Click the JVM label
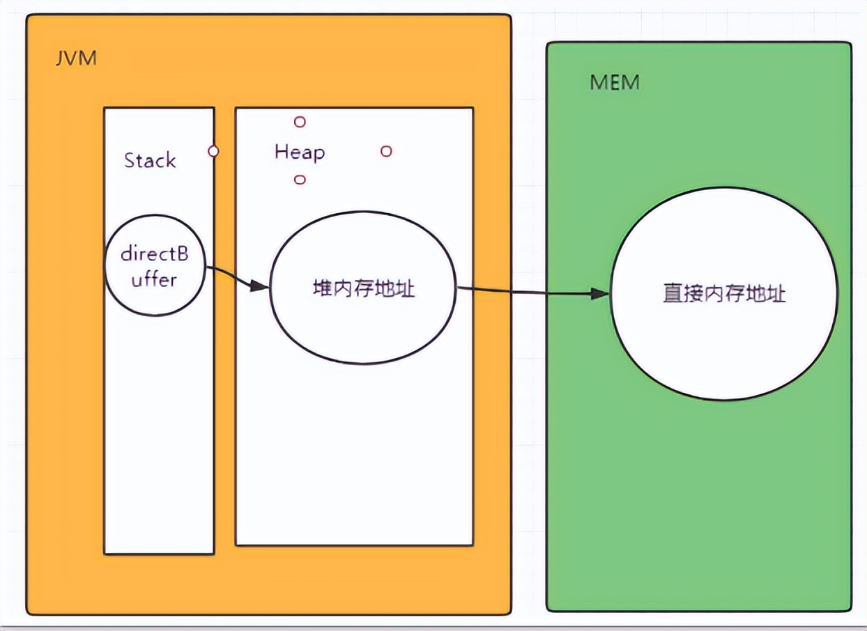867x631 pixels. click(75, 58)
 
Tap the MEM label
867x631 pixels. click(615, 83)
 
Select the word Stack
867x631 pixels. click(150, 161)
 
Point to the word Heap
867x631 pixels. click(300, 152)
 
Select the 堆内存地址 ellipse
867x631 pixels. click(363, 327)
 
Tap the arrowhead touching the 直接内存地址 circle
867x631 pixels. click(601, 294)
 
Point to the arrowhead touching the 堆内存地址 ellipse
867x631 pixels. click(261, 286)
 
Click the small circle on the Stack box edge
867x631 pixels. click(213, 151)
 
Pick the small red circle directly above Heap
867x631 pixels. click(300, 122)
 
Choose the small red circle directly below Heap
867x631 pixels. click(300, 180)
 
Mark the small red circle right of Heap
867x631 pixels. click(386, 151)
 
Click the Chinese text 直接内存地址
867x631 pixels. click(724, 294)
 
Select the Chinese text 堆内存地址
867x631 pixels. click(364, 288)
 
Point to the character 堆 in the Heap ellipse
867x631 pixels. click(323, 288)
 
